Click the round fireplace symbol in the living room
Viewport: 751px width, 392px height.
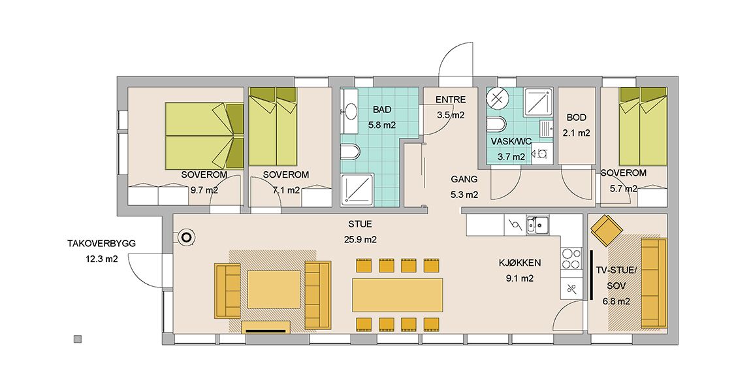186,237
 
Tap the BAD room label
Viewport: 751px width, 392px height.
382,110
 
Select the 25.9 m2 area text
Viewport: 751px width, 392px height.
360,240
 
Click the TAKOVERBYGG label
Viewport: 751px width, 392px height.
101,244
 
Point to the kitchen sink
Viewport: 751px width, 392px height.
538,224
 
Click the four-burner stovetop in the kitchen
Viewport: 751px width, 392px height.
571,259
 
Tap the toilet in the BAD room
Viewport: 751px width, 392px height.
351,152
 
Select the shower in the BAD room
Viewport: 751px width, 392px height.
357,189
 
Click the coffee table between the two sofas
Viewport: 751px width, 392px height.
274,289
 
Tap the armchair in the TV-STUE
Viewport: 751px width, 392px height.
607,230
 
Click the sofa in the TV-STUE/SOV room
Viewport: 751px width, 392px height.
653,283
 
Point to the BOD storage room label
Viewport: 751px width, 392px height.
576,118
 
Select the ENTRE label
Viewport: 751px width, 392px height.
450,100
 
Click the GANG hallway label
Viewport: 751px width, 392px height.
464,179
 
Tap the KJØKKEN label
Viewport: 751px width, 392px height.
520,263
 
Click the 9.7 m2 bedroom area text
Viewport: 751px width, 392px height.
204,190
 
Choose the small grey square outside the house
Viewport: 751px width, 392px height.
78,339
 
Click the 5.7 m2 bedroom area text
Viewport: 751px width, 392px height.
624,189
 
